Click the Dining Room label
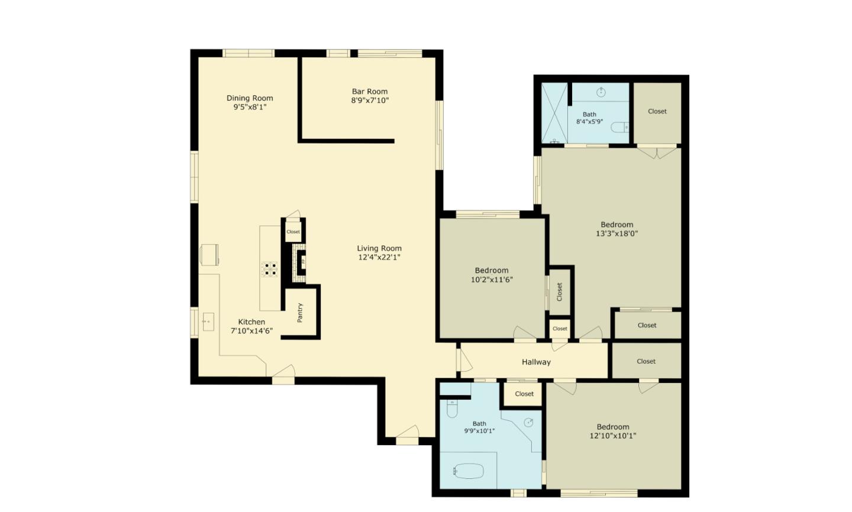click(x=250, y=98)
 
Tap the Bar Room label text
click(x=370, y=92)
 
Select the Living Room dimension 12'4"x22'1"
click(x=379, y=257)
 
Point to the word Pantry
click(x=300, y=312)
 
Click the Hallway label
click(x=536, y=362)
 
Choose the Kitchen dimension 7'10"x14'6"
click(x=251, y=331)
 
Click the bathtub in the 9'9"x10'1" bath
click(x=469, y=471)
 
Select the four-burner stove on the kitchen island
click(x=270, y=270)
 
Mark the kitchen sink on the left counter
click(x=208, y=322)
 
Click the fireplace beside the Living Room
click(x=301, y=260)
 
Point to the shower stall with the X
click(x=554, y=113)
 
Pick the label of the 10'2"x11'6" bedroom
click(x=492, y=271)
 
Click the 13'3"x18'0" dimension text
click(x=617, y=234)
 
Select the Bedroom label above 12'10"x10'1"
click(x=613, y=427)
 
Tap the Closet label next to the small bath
click(x=657, y=111)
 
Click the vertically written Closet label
click(x=560, y=291)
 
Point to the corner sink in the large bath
click(x=529, y=422)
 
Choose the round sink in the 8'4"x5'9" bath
click(x=601, y=92)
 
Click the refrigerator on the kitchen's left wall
click(x=209, y=255)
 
